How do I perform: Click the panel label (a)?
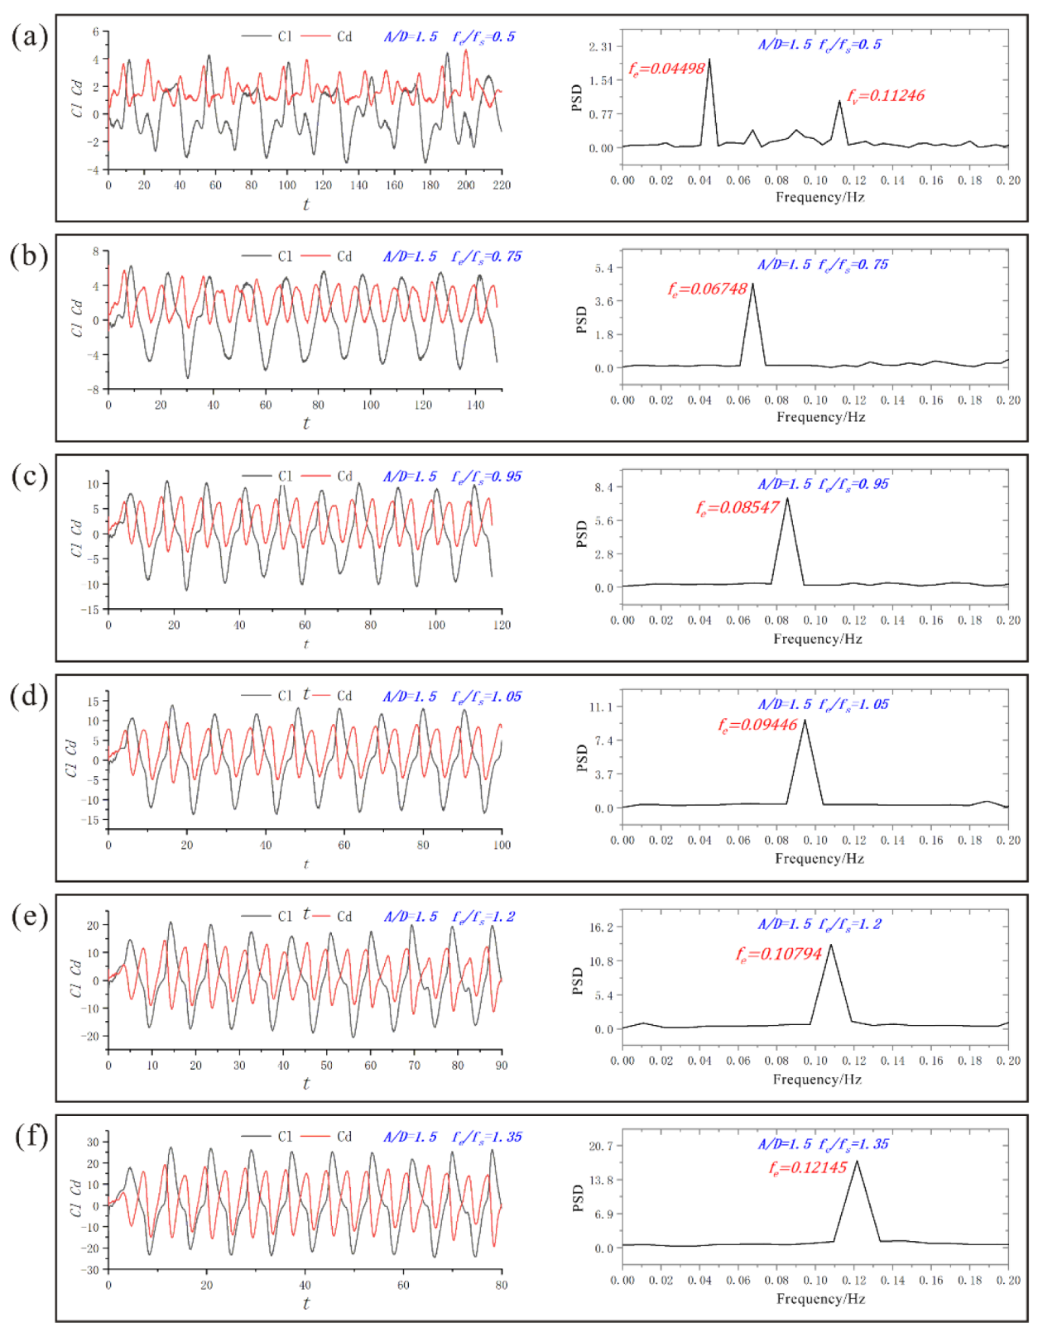pos(29,36)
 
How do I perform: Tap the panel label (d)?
pos(29,696)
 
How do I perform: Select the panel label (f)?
pos(31,1136)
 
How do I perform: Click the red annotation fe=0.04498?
pos(666,69)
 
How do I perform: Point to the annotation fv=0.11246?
pos(885,96)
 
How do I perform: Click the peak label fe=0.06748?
pos(707,289)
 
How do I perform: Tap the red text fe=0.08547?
pos(737,507)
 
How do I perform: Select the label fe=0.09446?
pos(757,725)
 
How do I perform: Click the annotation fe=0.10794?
pos(778,954)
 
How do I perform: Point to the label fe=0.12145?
pos(807,1167)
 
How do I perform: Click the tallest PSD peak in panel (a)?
pos(709,60)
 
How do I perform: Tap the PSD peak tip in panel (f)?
pos(857,1162)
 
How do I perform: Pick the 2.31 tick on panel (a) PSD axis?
pos(600,47)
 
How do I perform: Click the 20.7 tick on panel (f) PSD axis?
pos(600,1146)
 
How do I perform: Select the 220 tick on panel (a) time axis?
pos(501,185)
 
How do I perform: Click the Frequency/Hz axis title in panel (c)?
pos(817,639)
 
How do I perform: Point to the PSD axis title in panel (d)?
pos(581,757)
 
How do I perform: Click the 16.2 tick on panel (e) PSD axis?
pos(600,927)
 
